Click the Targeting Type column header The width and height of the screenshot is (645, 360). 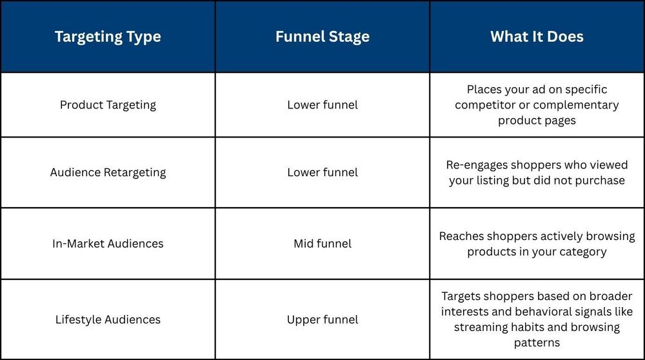coord(108,37)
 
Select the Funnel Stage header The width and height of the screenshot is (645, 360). coord(322,37)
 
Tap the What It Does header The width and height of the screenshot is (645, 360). coord(537,37)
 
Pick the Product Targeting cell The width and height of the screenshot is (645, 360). coord(108,105)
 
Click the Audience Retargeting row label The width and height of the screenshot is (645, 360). coord(108,172)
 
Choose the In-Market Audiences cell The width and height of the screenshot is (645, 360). coord(108,244)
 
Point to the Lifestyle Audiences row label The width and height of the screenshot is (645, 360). coord(108,320)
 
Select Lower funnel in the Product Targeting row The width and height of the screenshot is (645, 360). coord(322,105)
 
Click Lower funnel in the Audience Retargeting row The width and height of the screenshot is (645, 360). coord(322,172)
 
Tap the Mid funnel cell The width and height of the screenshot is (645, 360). coord(322,244)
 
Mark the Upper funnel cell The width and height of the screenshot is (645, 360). coord(322,320)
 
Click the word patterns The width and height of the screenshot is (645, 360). coord(537,343)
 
